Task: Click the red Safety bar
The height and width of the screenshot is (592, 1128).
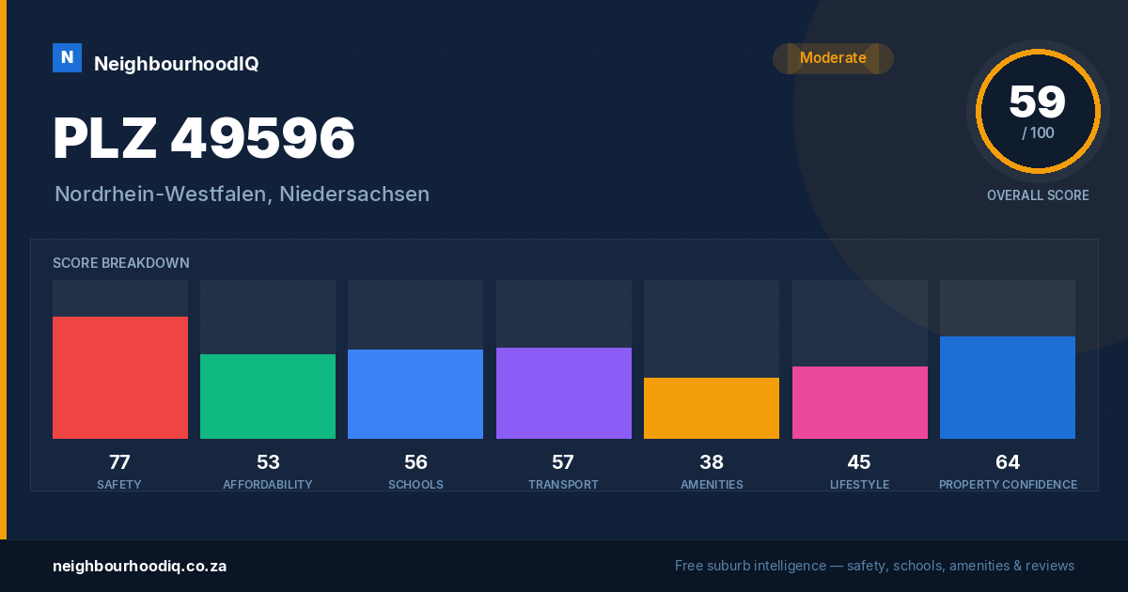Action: click(120, 378)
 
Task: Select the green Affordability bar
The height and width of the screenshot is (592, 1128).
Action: click(268, 397)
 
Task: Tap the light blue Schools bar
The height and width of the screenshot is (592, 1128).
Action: click(415, 394)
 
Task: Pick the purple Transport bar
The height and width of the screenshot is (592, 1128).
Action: click(563, 393)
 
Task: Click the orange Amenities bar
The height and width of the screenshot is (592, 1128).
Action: click(712, 408)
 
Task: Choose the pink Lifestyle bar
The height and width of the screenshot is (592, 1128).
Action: click(859, 403)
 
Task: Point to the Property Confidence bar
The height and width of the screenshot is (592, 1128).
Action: click(1008, 387)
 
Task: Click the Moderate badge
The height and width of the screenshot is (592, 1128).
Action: click(834, 58)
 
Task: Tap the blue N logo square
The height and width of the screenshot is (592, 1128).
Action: click(67, 58)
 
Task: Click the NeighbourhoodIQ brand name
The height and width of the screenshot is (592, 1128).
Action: click(177, 64)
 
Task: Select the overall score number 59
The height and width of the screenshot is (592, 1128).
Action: click(1038, 101)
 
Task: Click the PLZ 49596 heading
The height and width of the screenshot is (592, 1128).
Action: click(204, 138)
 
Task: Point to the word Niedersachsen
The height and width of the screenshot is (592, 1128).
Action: click(354, 195)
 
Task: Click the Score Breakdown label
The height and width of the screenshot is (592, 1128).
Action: click(121, 263)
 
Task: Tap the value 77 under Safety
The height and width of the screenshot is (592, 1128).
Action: click(120, 462)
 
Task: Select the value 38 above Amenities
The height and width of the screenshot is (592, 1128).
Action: click(712, 462)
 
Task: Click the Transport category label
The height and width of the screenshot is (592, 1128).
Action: click(563, 485)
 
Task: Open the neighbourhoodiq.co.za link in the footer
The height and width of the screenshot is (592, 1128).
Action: click(140, 567)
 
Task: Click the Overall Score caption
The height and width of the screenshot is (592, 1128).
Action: click(1038, 195)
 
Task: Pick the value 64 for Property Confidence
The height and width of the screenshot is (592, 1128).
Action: click(1008, 462)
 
